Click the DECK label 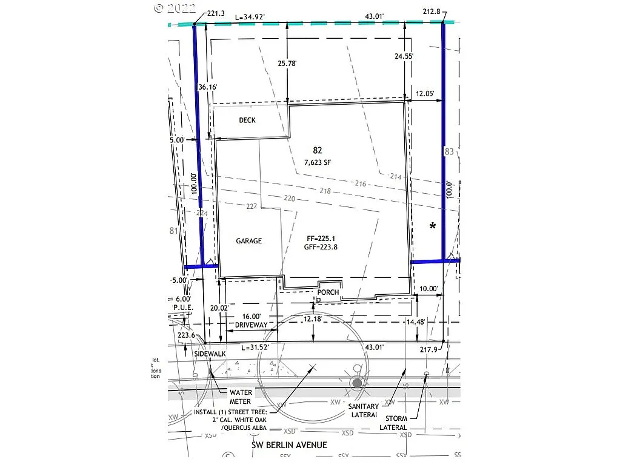247,120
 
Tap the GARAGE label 248,241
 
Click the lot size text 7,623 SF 318,162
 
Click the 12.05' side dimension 425,94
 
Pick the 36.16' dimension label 207,87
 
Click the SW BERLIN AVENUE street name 289,445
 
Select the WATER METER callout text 241,397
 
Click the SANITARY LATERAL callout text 364,411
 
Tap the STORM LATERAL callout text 393,423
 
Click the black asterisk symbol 433,226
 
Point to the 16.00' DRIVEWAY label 251,320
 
